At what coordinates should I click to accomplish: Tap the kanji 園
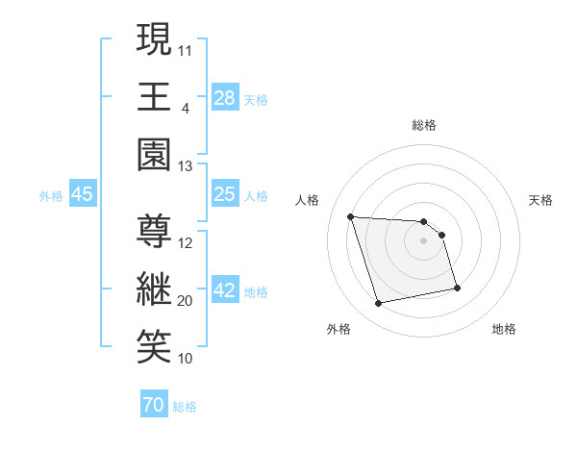click(x=153, y=154)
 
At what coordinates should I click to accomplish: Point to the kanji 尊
click(x=153, y=231)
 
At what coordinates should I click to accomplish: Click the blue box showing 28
click(x=224, y=97)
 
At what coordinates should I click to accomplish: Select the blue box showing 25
click(x=224, y=194)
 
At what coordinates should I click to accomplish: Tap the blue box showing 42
click(x=224, y=290)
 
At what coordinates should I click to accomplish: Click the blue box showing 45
click(x=83, y=194)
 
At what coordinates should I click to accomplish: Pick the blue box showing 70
click(x=153, y=406)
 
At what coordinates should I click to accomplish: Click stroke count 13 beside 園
click(x=185, y=166)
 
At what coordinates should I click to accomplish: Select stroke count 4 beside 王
click(x=185, y=109)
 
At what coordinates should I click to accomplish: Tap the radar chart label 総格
click(x=424, y=125)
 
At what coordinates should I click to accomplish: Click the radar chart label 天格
click(x=541, y=200)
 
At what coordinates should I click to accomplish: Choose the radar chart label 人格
click(x=308, y=200)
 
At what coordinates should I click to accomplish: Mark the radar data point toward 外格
click(x=379, y=304)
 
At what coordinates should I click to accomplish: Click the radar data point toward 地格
click(x=457, y=288)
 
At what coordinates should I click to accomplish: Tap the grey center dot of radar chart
click(x=424, y=241)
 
